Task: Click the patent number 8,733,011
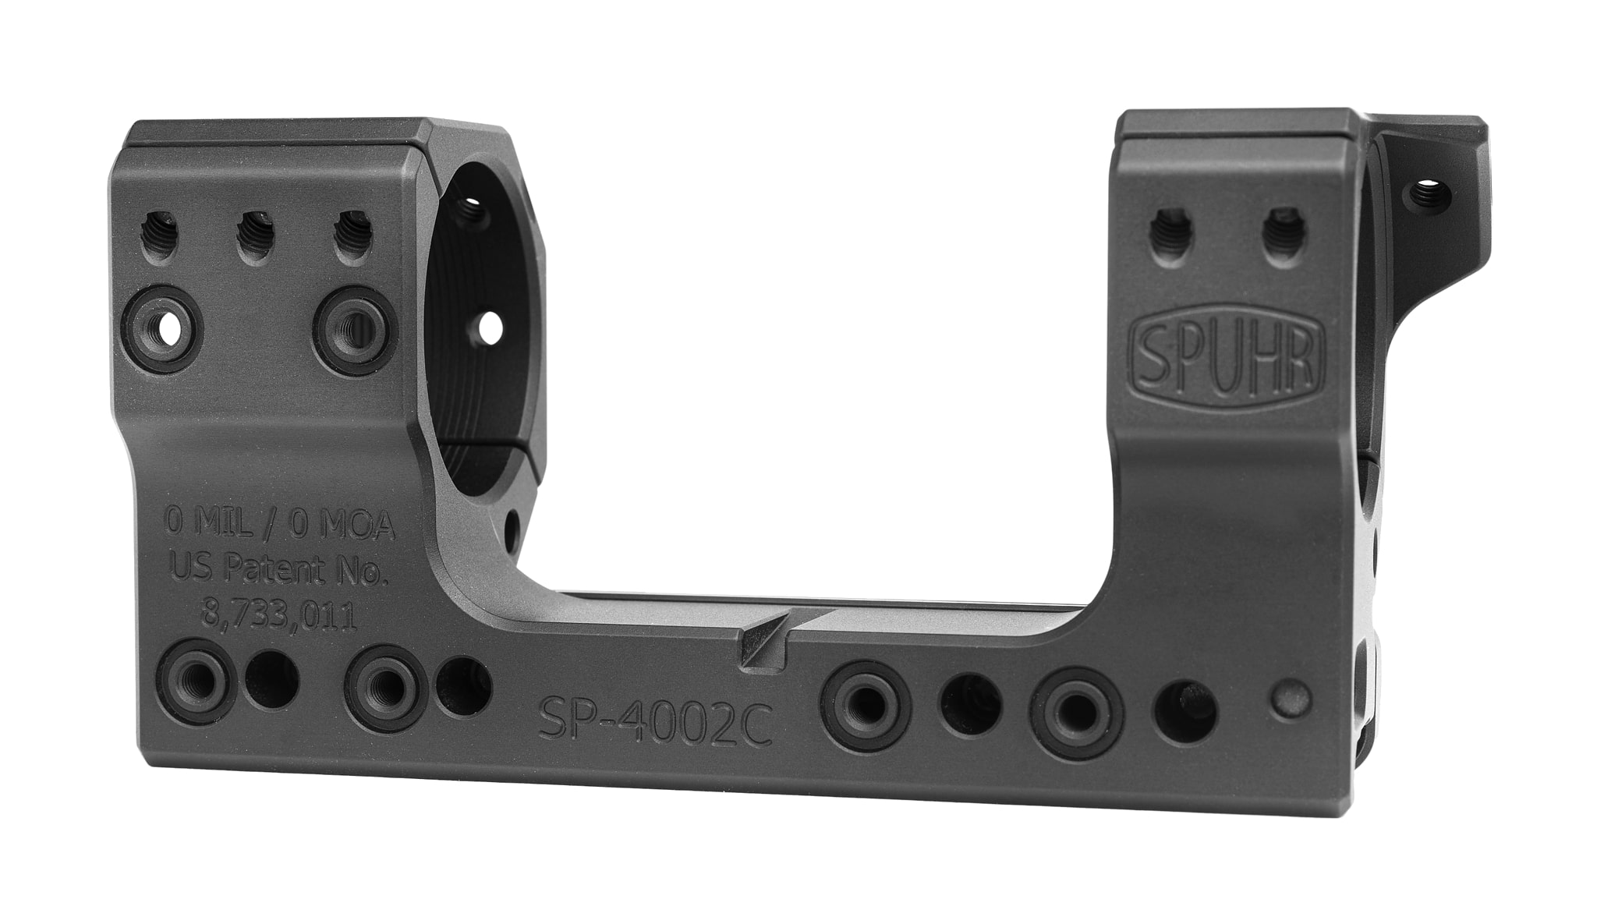point(279,618)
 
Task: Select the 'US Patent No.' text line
point(279,572)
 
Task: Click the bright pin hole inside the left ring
point(490,327)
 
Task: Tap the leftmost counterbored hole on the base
point(193,680)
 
